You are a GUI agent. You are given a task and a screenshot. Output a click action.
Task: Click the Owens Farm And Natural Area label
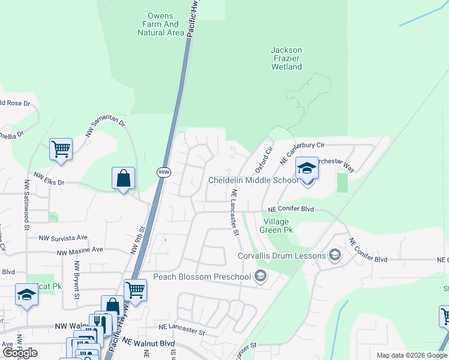point(160,25)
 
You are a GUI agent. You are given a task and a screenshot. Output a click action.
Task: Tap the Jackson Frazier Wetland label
point(286,59)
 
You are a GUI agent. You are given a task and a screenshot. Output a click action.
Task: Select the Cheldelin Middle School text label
point(253,180)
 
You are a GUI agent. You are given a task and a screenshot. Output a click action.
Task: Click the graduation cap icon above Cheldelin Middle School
point(307,169)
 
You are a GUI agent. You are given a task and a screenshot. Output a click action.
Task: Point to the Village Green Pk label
point(276,225)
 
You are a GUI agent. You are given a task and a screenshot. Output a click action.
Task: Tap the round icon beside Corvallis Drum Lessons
point(335,256)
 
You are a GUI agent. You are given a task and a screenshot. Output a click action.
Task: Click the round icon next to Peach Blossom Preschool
point(260,277)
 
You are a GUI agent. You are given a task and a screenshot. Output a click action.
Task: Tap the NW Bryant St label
point(77,280)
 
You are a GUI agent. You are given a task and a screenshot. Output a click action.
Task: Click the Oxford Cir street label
point(265,157)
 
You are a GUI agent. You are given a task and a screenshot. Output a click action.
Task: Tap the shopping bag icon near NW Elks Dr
point(123,178)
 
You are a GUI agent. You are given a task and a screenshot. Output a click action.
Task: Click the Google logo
point(20,353)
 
